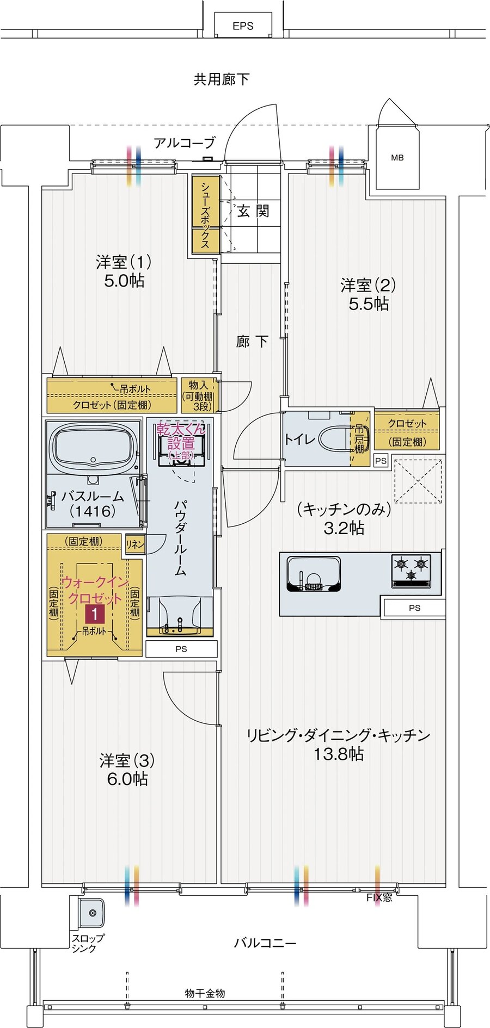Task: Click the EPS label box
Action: (x=243, y=26)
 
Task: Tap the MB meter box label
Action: (x=397, y=158)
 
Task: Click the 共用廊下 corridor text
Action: (x=221, y=79)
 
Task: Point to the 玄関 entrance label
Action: (x=253, y=211)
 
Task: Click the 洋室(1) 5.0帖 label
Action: (x=124, y=271)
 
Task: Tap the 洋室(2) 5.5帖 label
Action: (x=369, y=294)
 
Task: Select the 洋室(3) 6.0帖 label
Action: (x=127, y=769)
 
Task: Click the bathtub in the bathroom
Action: (x=93, y=447)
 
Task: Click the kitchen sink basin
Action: (x=313, y=574)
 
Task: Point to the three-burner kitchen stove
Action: (x=411, y=569)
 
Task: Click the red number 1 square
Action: (x=95, y=615)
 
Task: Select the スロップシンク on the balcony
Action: (x=91, y=913)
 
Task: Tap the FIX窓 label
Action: (x=379, y=897)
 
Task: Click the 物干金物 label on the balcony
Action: (x=205, y=993)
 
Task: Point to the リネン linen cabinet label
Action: (x=135, y=544)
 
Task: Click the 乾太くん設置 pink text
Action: (x=181, y=436)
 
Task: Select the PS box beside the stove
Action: (x=414, y=608)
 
